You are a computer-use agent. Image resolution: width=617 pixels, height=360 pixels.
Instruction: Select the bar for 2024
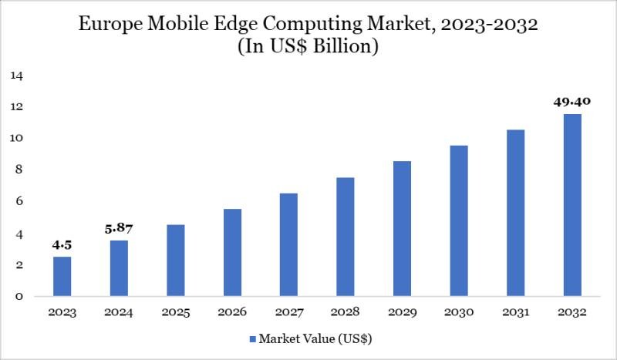pyautogui.click(x=119, y=268)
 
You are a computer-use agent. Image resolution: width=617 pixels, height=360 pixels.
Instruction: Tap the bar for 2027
pyautogui.click(x=289, y=245)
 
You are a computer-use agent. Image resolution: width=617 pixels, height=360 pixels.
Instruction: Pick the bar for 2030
pyautogui.click(x=459, y=220)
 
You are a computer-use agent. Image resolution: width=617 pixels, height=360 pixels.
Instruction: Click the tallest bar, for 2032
pyautogui.click(x=571, y=205)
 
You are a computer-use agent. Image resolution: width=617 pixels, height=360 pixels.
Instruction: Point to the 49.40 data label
pyautogui.click(x=571, y=100)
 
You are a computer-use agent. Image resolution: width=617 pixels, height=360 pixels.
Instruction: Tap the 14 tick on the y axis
pyautogui.click(x=16, y=76)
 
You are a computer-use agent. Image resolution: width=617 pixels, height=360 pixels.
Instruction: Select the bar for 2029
pyautogui.click(x=402, y=229)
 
